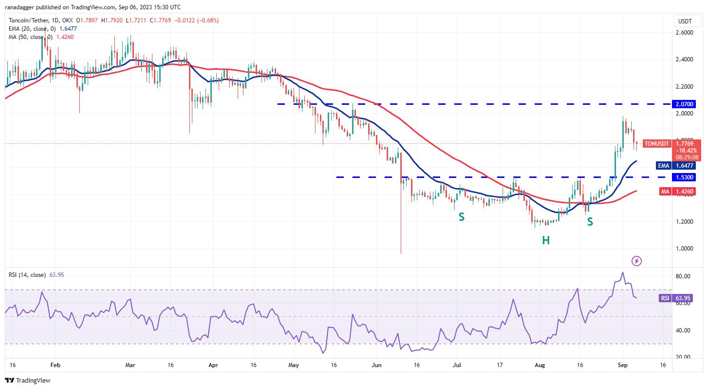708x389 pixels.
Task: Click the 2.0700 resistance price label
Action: pyautogui.click(x=684, y=104)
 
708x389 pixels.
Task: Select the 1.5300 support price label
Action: pyautogui.click(x=684, y=177)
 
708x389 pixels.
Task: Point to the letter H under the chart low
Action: pyautogui.click(x=546, y=240)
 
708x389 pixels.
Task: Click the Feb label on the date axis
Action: pyautogui.click(x=55, y=365)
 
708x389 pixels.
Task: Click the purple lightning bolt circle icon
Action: pyautogui.click(x=636, y=261)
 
